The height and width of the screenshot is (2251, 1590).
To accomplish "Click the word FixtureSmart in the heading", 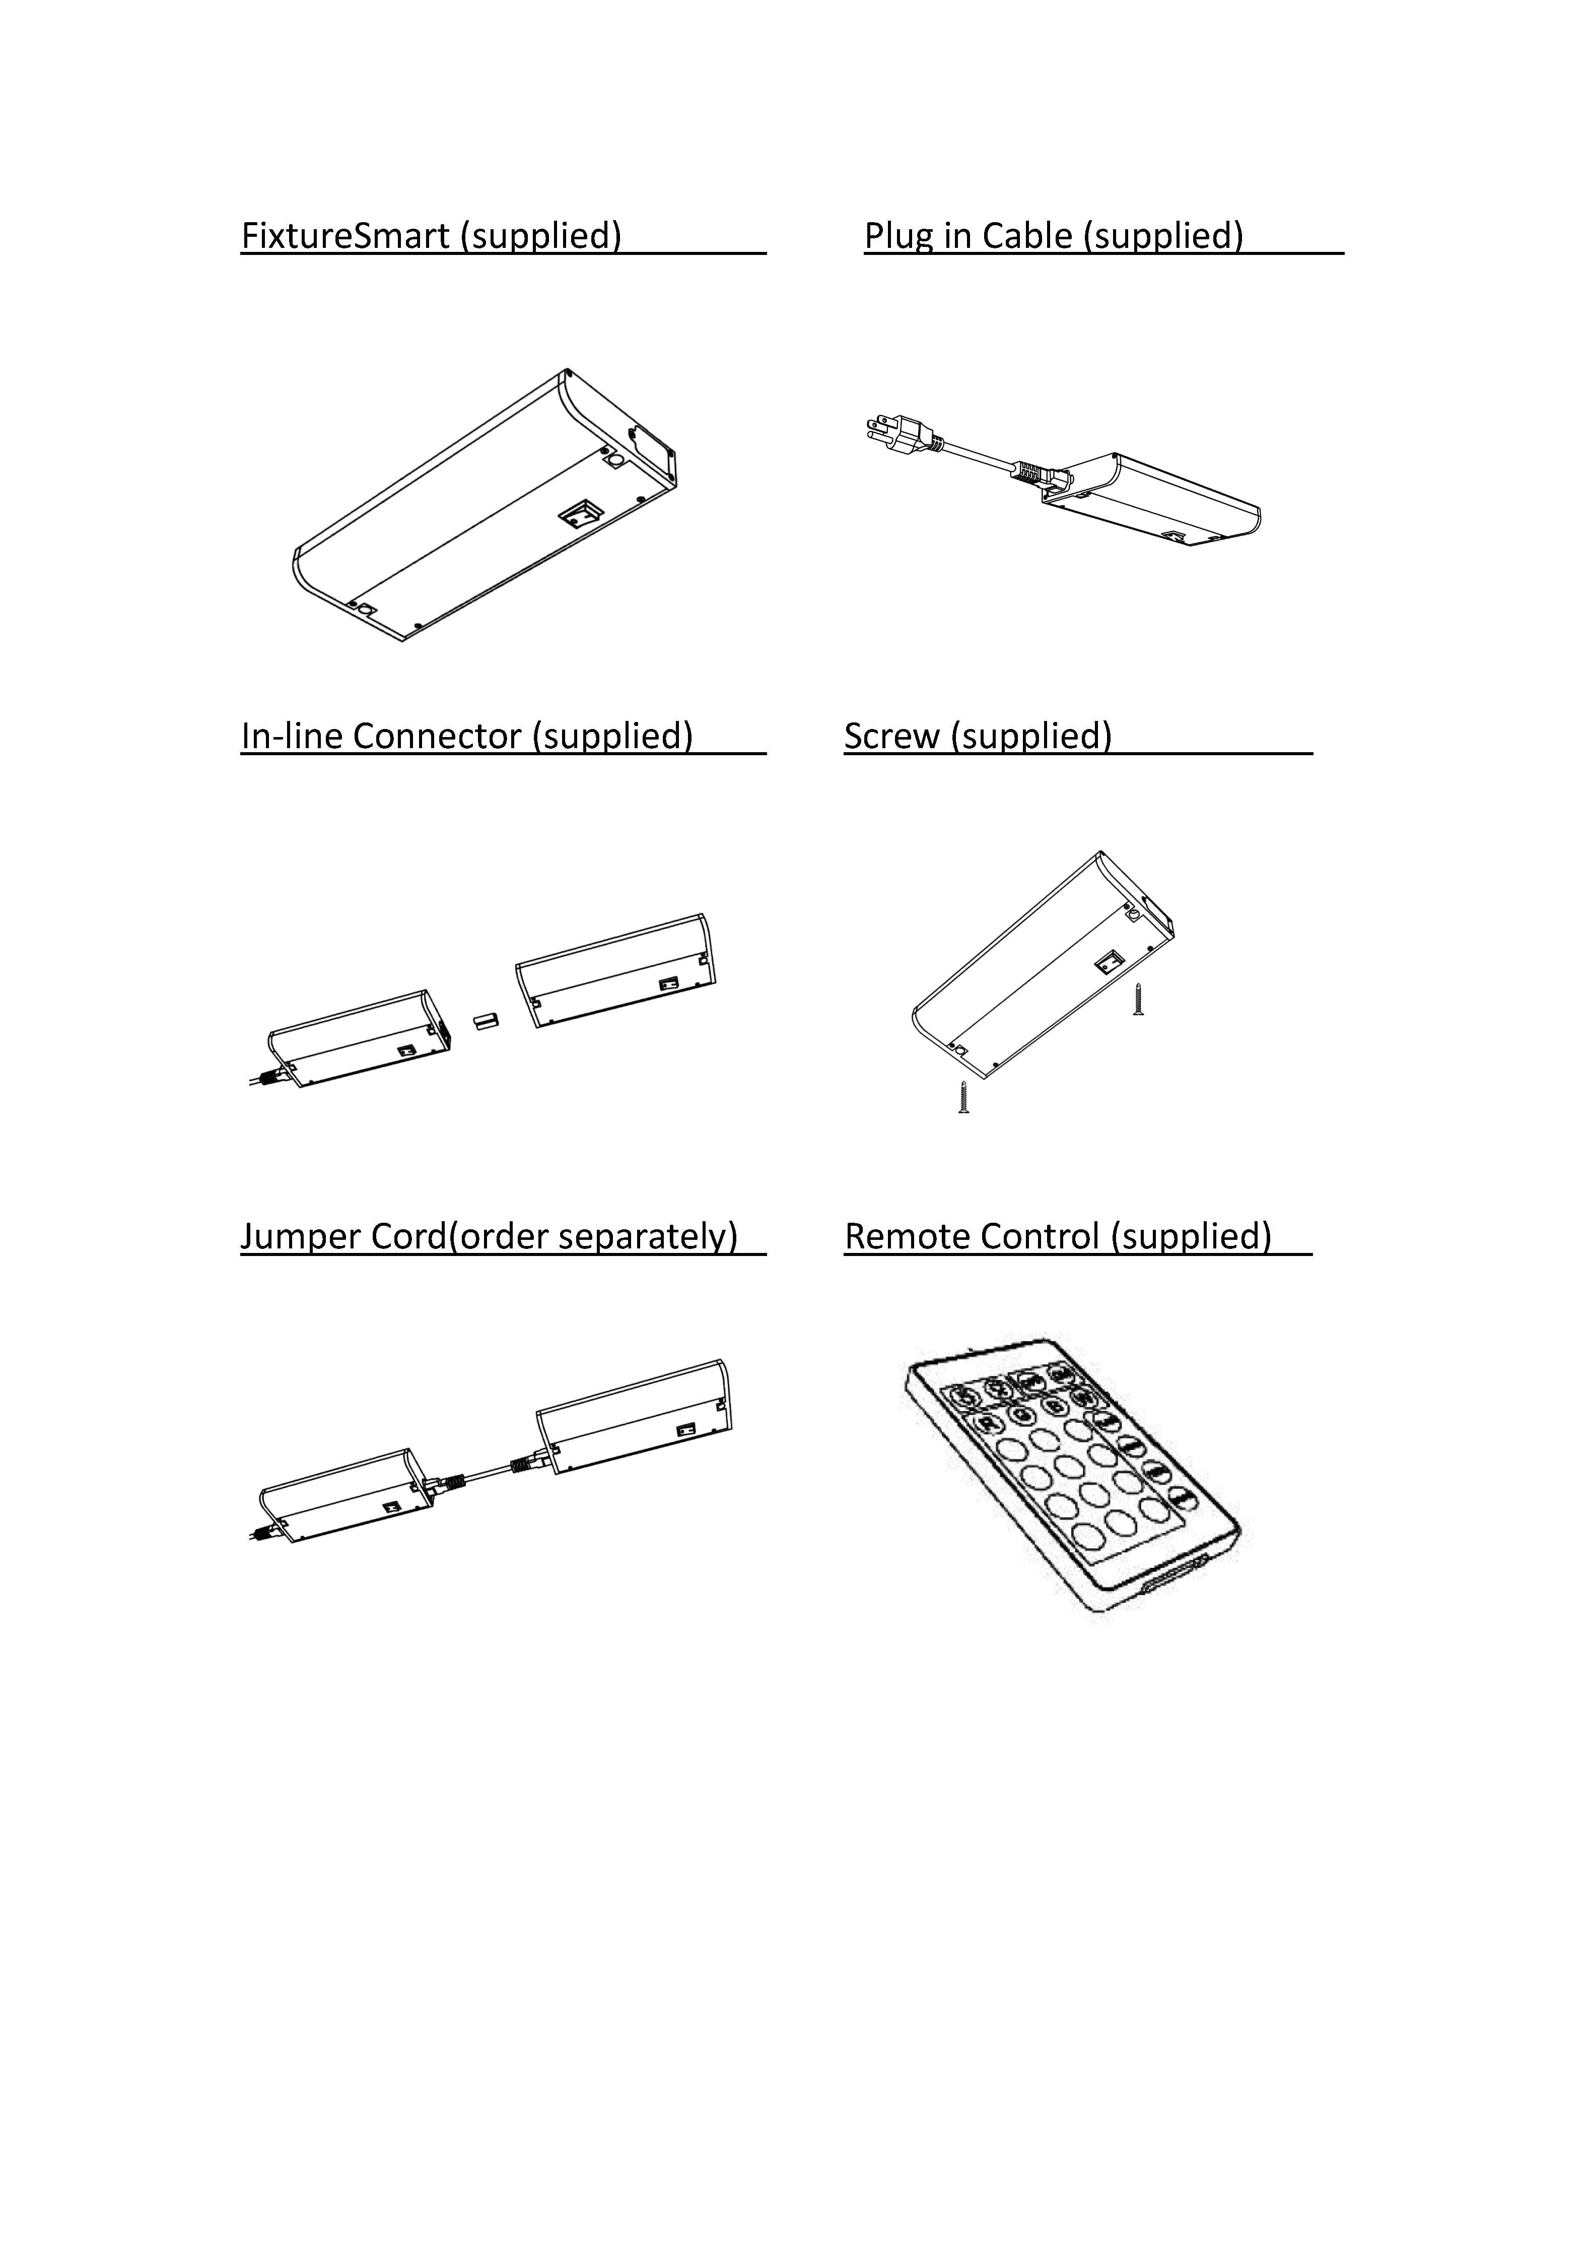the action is click(x=345, y=236).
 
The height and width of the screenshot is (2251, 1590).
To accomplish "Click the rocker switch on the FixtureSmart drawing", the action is click(x=579, y=515).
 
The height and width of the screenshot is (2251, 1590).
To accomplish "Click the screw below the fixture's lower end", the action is click(x=964, y=1098).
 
